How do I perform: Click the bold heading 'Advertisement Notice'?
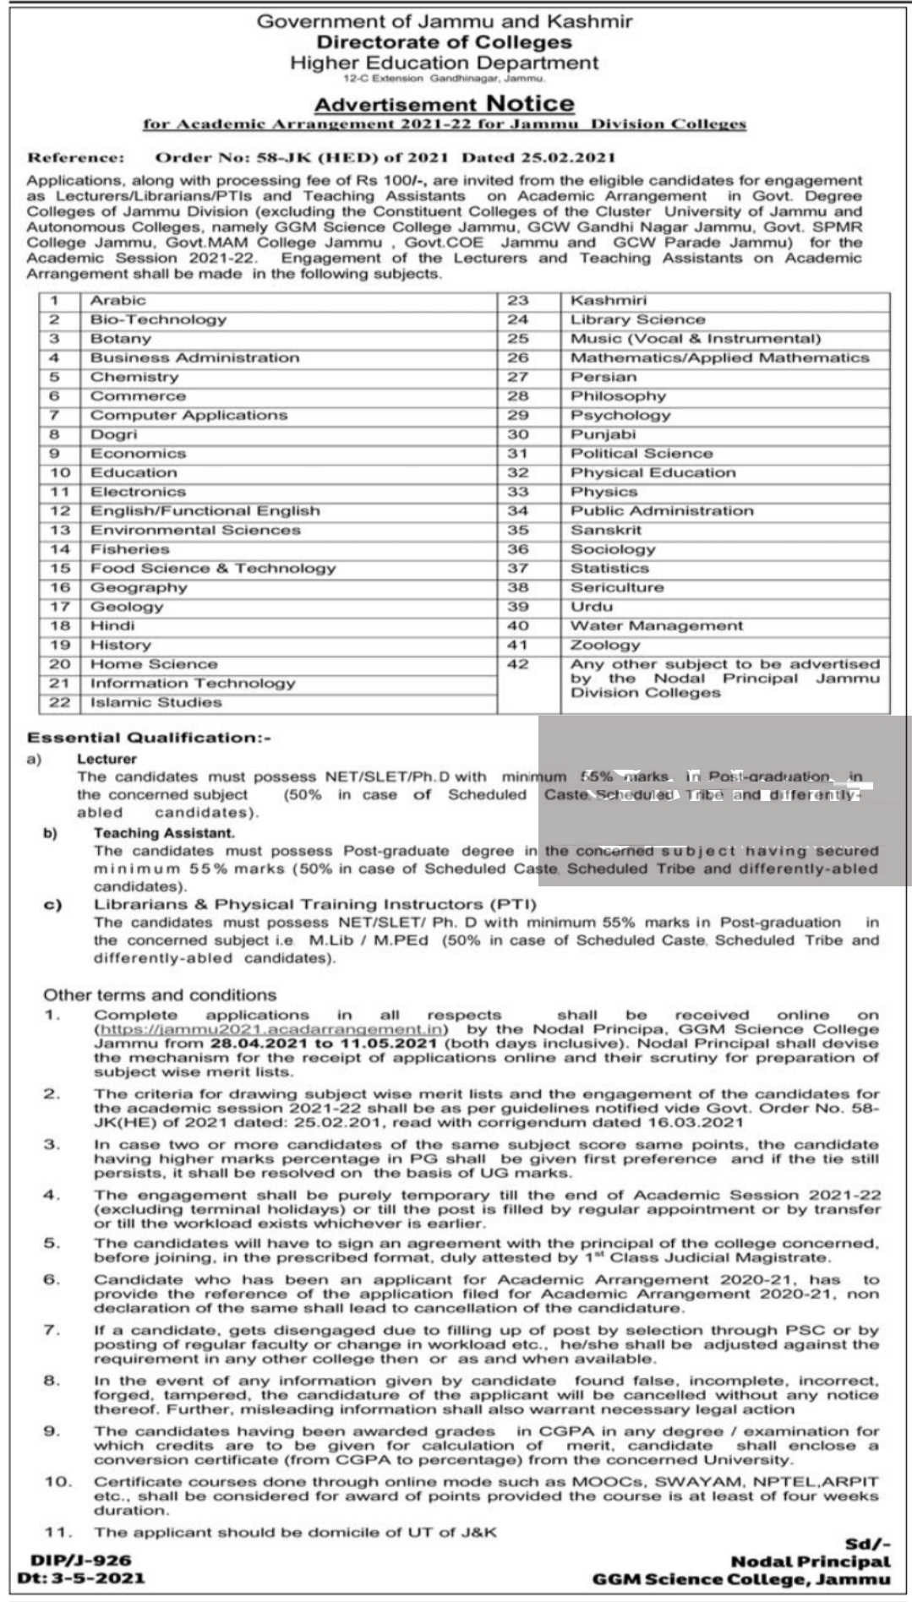click(x=444, y=104)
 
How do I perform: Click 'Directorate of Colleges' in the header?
click(x=444, y=42)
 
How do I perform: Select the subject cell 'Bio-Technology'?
click(x=158, y=319)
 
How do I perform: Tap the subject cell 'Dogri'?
click(x=113, y=434)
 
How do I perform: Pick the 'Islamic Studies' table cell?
click(x=156, y=702)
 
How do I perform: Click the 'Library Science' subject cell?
click(x=637, y=319)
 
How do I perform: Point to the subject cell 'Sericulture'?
click(x=617, y=587)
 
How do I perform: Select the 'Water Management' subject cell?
click(x=657, y=626)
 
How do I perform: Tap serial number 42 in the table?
click(x=517, y=664)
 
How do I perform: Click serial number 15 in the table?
click(x=59, y=569)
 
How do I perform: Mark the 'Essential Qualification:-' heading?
click(x=150, y=738)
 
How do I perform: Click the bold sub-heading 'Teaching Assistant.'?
click(x=152, y=833)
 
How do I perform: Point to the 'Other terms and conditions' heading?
click(x=160, y=995)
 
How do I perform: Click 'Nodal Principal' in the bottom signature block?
click(x=810, y=1562)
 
